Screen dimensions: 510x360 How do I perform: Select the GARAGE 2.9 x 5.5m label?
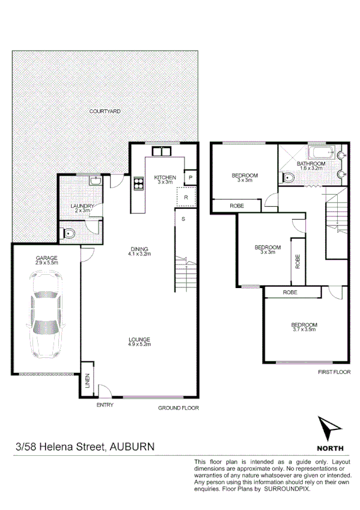tap(46, 260)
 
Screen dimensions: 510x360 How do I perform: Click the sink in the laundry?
tap(95, 180)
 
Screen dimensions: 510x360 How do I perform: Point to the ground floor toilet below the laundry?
tap(69, 233)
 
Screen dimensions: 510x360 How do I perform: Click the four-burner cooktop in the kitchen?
tap(138, 183)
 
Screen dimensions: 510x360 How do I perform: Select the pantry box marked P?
tap(190, 177)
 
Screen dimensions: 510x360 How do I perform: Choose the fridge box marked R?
tap(186, 197)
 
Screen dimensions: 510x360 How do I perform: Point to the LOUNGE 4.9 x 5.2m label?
tap(139, 341)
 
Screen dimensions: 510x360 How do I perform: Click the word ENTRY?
tap(105, 405)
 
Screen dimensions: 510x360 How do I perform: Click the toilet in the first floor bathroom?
tap(288, 177)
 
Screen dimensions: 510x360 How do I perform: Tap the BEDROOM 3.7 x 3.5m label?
tap(305, 327)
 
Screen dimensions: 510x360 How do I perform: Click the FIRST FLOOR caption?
tap(334, 373)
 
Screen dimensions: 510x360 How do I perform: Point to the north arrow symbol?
tap(330, 429)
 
